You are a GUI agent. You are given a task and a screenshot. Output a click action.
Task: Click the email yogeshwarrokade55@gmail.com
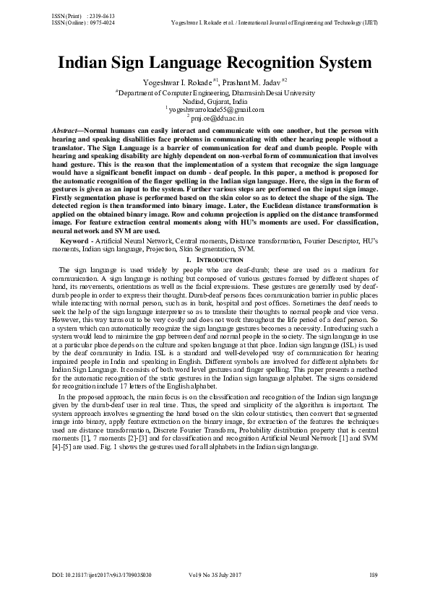point(218,109)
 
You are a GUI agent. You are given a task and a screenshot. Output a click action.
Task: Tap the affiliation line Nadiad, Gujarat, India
point(215,101)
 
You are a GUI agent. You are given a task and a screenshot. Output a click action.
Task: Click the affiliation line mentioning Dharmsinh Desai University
point(215,93)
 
